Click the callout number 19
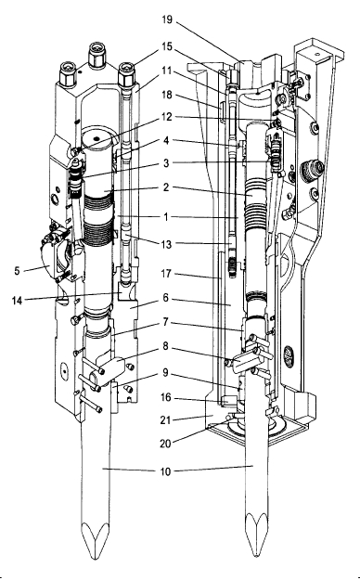pyautogui.click(x=167, y=19)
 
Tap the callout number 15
pyautogui.click(x=167, y=46)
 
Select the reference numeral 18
pyautogui.click(x=167, y=95)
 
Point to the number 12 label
pyautogui.click(x=167, y=117)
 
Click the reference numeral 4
pyautogui.click(x=166, y=140)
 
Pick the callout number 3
pyautogui.click(x=166, y=163)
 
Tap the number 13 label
pyautogui.click(x=167, y=244)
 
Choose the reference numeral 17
pyautogui.click(x=166, y=274)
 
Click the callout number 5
pyautogui.click(x=17, y=270)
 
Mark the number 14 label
pyautogui.click(x=17, y=301)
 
